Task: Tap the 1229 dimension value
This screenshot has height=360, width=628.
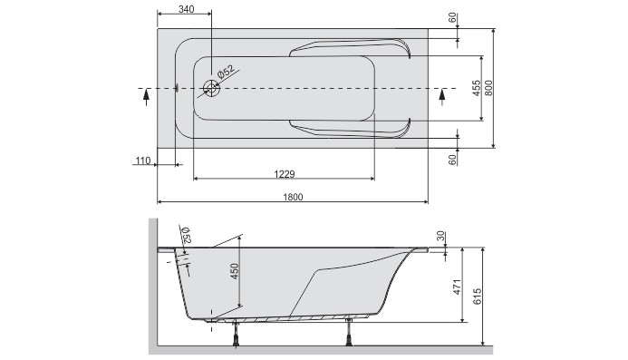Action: click(284, 173)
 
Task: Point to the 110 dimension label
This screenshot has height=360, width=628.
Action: click(142, 161)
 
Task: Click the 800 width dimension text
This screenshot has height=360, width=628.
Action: click(488, 88)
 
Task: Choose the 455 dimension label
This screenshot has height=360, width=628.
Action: click(477, 88)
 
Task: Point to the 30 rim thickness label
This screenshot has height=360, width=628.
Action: click(440, 236)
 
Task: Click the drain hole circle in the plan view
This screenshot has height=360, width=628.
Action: click(212, 88)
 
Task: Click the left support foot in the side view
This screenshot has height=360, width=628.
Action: click(237, 333)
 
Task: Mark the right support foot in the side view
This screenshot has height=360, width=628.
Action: click(349, 333)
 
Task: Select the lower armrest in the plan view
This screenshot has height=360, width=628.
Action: click(349, 129)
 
